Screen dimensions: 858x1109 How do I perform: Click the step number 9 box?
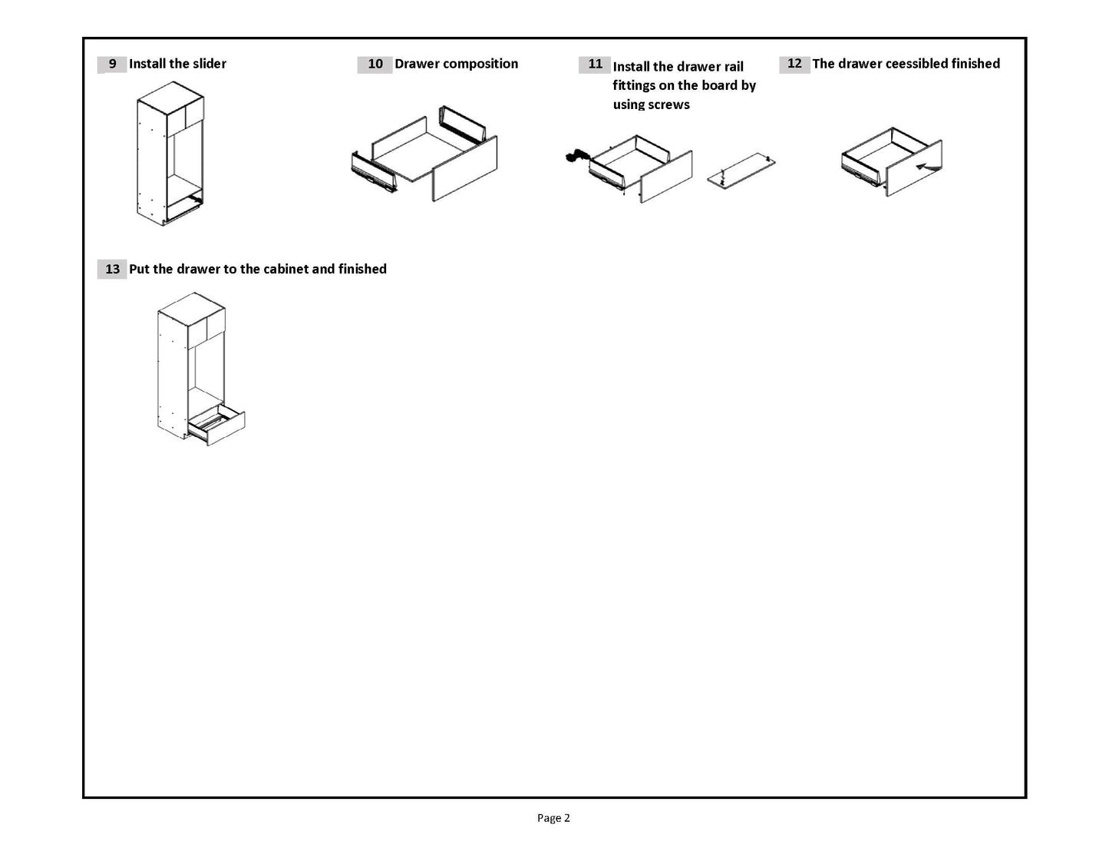pyautogui.click(x=112, y=65)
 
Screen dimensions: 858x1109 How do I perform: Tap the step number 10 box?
pyautogui.click(x=375, y=65)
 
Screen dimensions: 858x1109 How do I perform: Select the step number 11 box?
pyautogui.click(x=595, y=65)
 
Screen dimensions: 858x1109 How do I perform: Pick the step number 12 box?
pyautogui.click(x=794, y=65)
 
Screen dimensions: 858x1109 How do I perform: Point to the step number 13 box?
pyautogui.click(x=112, y=269)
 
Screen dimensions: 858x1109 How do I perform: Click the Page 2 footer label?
pyautogui.click(x=553, y=818)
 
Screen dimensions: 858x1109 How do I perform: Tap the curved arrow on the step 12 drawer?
pyautogui.click(x=928, y=164)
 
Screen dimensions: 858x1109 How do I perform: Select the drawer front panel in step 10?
pyautogui.click(x=465, y=170)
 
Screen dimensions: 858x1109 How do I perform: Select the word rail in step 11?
pyautogui.click(x=734, y=67)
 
